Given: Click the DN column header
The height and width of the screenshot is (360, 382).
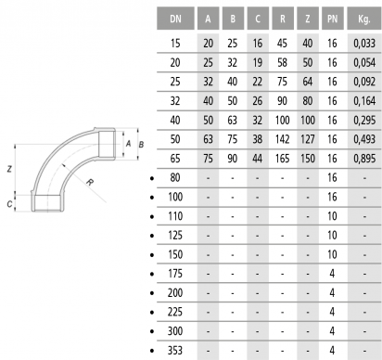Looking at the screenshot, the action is [175, 19].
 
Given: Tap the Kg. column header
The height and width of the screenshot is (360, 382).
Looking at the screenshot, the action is [364, 19].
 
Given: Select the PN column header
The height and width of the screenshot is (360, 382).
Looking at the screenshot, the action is [332, 19].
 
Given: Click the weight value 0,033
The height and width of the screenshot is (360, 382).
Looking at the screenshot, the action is [364, 44].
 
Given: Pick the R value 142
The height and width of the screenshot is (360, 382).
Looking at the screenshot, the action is [283, 139].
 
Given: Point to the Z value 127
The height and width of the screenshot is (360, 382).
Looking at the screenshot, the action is [308, 139].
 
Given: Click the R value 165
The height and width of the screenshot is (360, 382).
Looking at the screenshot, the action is [283, 159].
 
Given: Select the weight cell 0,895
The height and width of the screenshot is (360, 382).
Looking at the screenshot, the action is [364, 159].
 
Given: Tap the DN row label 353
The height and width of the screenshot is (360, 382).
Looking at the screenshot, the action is [175, 351].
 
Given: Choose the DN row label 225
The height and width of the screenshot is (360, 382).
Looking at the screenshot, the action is [175, 312].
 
